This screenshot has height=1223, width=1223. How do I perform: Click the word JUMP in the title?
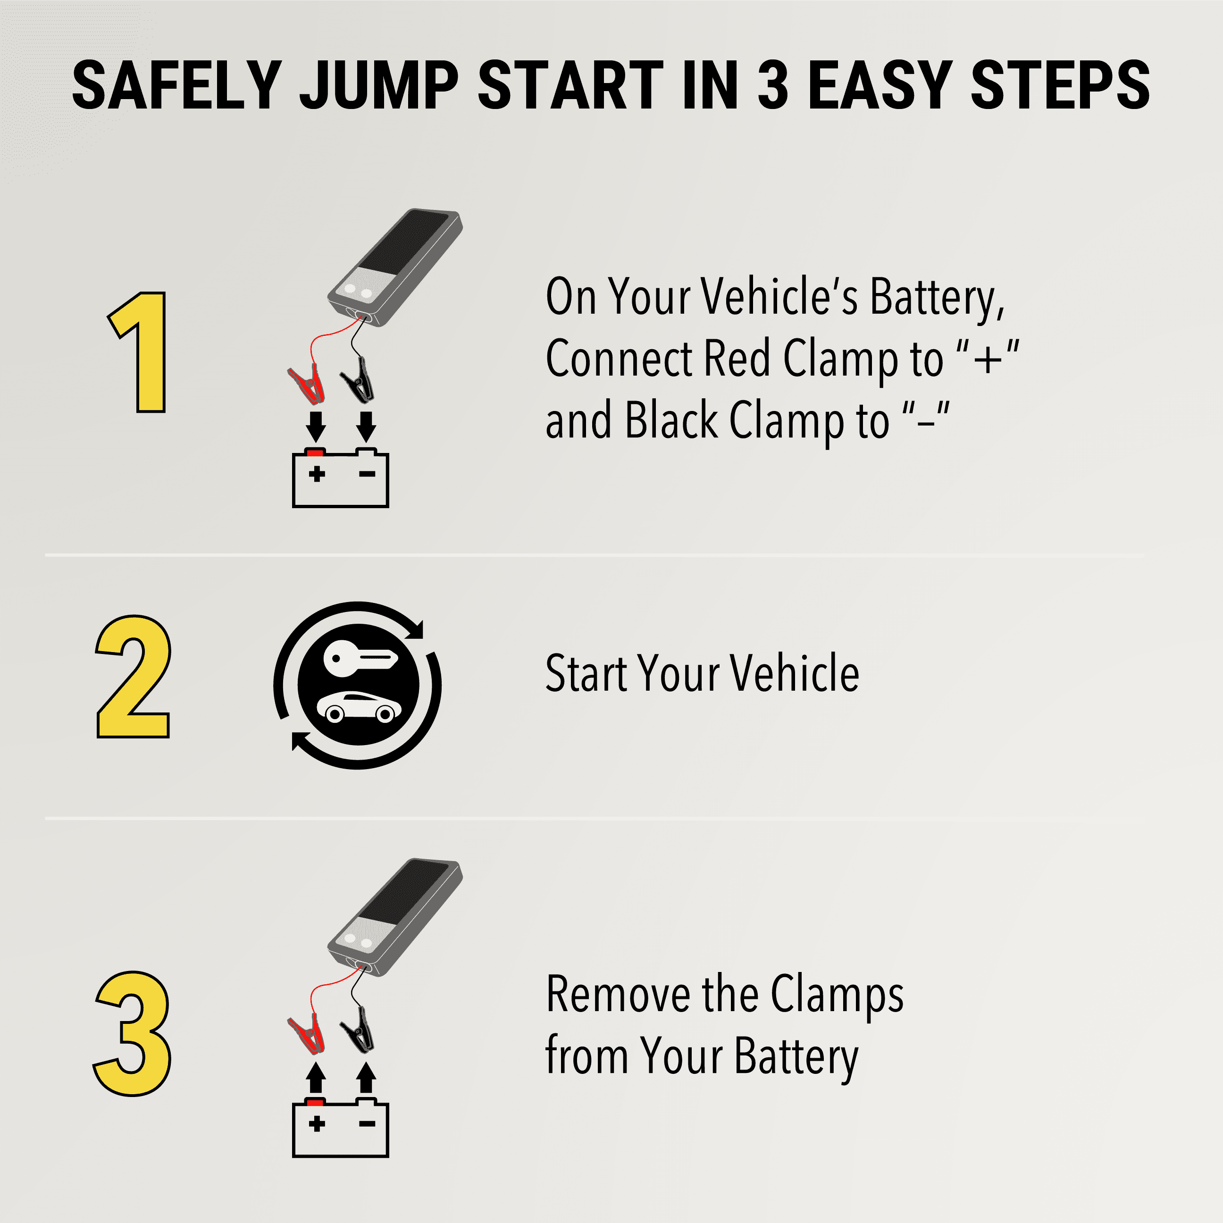coord(378,85)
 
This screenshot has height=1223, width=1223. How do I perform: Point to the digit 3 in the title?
coord(773,85)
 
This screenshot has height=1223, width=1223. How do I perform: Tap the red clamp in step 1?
coord(307,384)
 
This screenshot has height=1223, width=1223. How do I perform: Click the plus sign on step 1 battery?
coord(317,474)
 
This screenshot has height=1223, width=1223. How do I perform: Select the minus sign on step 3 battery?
coord(367,1123)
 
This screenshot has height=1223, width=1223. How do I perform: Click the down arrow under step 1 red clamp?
coord(316,426)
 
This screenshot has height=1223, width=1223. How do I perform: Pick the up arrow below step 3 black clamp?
coord(366,1077)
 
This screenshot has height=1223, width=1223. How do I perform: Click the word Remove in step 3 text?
coord(618,995)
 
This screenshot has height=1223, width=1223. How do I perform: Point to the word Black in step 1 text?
coord(671,420)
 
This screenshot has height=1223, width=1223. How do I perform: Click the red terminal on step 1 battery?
coord(315,452)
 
